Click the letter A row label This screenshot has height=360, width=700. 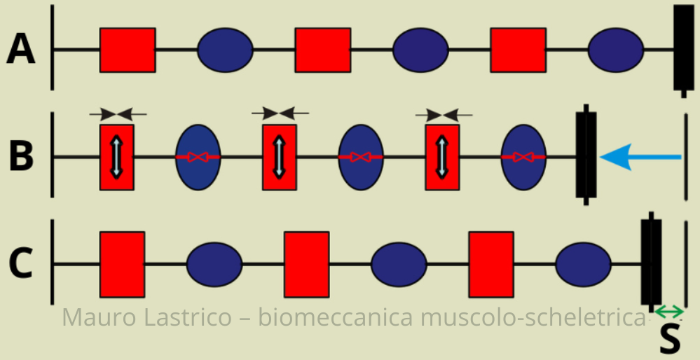point(21,50)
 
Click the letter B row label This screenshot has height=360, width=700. point(21,157)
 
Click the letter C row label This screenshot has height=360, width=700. point(21,264)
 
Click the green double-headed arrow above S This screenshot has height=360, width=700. point(669,311)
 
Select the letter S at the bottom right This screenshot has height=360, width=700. point(670,339)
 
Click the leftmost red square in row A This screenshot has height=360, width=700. point(128,50)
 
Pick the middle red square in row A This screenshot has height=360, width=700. point(322,50)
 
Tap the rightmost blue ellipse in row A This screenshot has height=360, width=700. point(615,50)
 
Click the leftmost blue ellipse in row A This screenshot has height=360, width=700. point(225,50)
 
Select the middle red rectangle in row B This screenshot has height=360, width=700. point(279,157)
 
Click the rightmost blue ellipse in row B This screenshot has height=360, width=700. point(523,157)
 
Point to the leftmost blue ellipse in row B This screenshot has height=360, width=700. point(198,157)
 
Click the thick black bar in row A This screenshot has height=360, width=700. point(683,48)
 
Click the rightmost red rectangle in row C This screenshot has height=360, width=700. point(490,264)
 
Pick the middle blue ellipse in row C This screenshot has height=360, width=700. point(399,264)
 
